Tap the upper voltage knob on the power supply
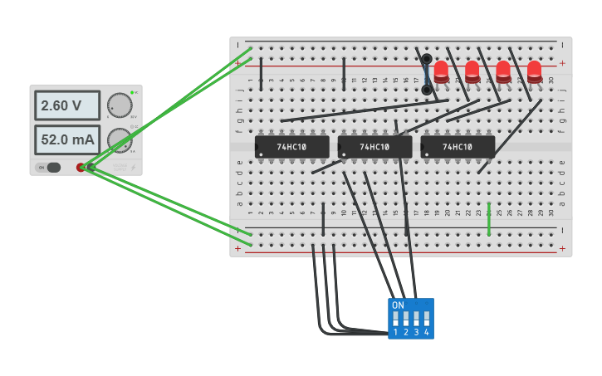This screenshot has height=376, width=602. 120,105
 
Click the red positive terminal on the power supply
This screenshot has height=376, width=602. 81,168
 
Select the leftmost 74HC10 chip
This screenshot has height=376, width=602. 292,147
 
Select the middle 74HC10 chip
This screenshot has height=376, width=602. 374,147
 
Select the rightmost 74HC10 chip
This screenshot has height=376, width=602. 458,147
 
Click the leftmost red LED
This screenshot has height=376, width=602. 441,71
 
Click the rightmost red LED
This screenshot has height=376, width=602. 534,71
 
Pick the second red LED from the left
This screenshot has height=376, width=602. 472,71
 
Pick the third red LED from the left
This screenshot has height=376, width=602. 503,71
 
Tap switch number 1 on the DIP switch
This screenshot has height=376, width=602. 396,319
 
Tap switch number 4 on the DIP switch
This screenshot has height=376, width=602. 427,319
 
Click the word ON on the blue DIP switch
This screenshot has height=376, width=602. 398,305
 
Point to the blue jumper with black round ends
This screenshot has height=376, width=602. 427,75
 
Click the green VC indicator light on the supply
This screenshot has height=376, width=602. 131,93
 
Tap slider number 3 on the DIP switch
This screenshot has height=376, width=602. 416,319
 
